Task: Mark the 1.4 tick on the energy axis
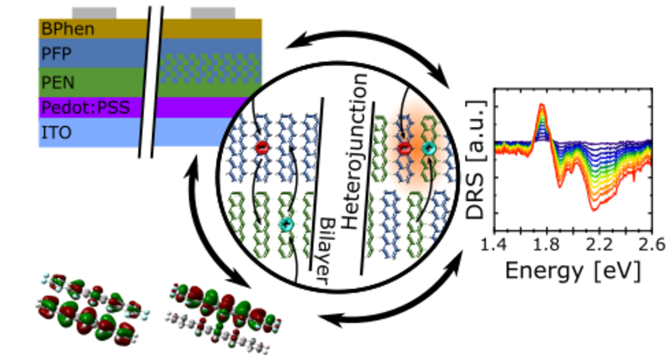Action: (495, 245)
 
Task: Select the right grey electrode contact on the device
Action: (212, 13)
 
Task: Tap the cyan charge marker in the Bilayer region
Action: (286, 224)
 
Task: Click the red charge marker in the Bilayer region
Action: (261, 148)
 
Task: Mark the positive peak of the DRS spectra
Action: (542, 107)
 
